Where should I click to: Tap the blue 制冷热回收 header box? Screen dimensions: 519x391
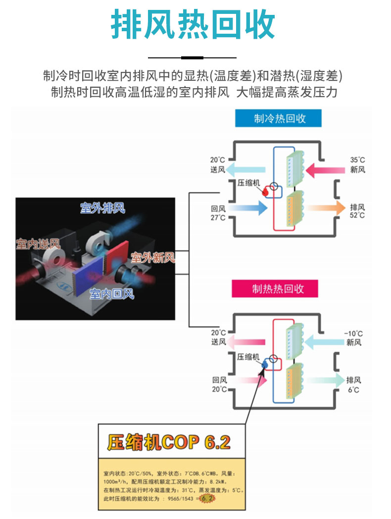click(x=279, y=119)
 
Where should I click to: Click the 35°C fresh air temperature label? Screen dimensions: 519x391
click(x=357, y=160)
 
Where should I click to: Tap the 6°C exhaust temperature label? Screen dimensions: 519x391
click(x=353, y=390)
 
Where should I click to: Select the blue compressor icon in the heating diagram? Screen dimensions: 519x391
click(x=264, y=365)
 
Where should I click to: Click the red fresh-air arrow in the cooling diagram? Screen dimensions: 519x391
click(x=325, y=171)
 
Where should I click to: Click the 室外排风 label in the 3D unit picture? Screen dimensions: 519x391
click(x=102, y=208)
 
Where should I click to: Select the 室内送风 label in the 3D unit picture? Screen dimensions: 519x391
click(x=38, y=244)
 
